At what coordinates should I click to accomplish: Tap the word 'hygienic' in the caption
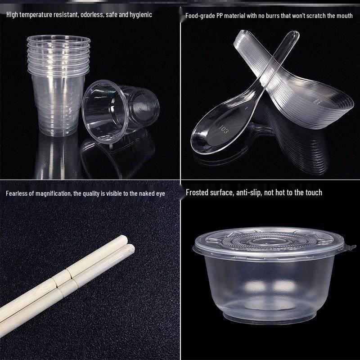click(140, 15)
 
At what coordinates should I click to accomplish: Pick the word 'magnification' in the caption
click(53, 194)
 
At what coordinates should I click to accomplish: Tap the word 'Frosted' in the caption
click(198, 193)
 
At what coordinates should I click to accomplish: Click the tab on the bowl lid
click(349, 247)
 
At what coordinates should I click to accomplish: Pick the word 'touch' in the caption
click(313, 193)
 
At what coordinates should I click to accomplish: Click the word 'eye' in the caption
click(161, 194)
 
